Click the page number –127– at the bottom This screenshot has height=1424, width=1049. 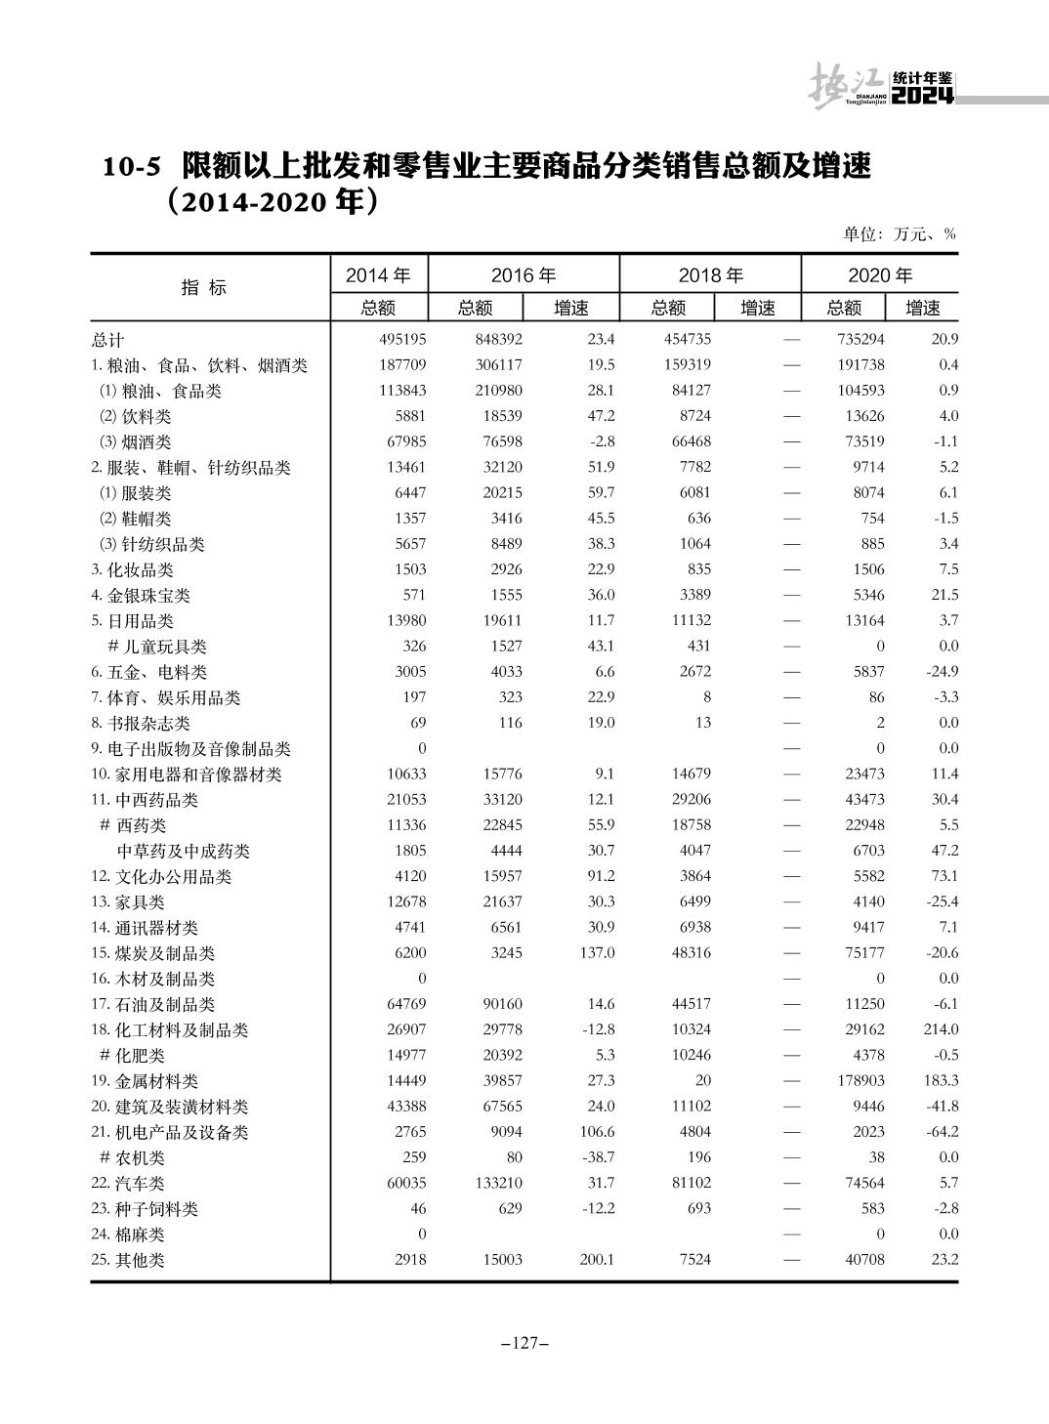click(524, 1344)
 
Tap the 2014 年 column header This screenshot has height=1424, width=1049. click(378, 275)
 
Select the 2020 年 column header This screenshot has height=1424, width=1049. click(879, 275)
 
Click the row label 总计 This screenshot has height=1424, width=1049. click(108, 340)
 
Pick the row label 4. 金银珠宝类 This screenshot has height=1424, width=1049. click(141, 596)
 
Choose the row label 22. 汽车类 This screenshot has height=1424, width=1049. click(128, 1184)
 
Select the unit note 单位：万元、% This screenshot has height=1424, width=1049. click(899, 234)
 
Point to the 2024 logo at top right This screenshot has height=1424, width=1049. click(923, 97)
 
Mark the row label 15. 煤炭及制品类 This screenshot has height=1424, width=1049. click(153, 953)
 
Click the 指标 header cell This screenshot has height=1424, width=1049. click(204, 288)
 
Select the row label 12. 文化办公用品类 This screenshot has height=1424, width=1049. click(161, 877)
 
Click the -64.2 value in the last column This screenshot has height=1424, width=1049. click(941, 1132)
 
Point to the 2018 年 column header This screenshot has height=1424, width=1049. click(709, 275)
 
